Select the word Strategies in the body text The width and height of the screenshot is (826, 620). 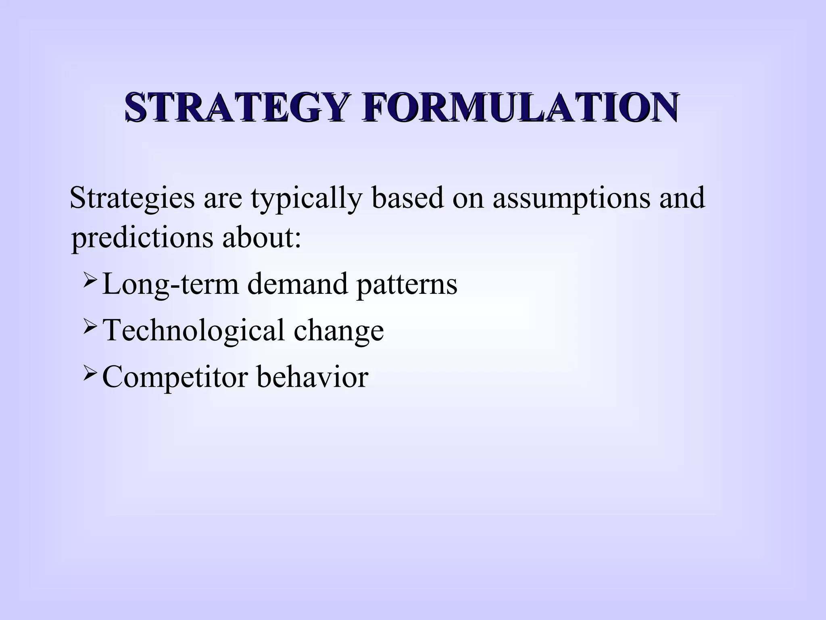[132, 199]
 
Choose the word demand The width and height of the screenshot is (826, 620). [298, 283]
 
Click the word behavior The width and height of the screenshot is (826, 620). [312, 376]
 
